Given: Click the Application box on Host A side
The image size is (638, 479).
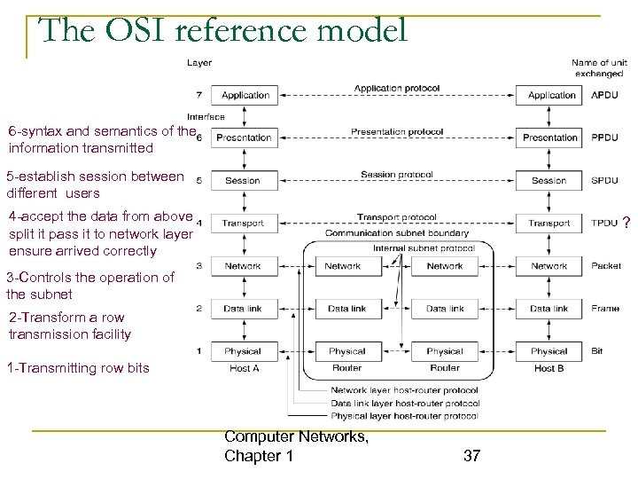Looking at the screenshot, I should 245,95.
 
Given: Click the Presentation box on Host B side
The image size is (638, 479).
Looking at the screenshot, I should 549,137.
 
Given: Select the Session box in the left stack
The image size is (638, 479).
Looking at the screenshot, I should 243,180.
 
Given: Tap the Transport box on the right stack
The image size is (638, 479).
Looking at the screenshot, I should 549,224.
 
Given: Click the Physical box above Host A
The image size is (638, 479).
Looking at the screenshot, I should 243,351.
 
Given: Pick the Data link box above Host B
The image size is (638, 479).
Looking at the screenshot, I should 549,309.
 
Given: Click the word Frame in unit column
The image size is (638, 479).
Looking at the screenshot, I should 605,309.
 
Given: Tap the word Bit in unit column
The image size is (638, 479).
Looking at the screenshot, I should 597,351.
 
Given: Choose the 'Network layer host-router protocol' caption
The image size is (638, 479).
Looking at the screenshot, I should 404,391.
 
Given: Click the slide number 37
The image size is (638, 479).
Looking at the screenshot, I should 471,456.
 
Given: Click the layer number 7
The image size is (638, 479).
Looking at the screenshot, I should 198,95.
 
